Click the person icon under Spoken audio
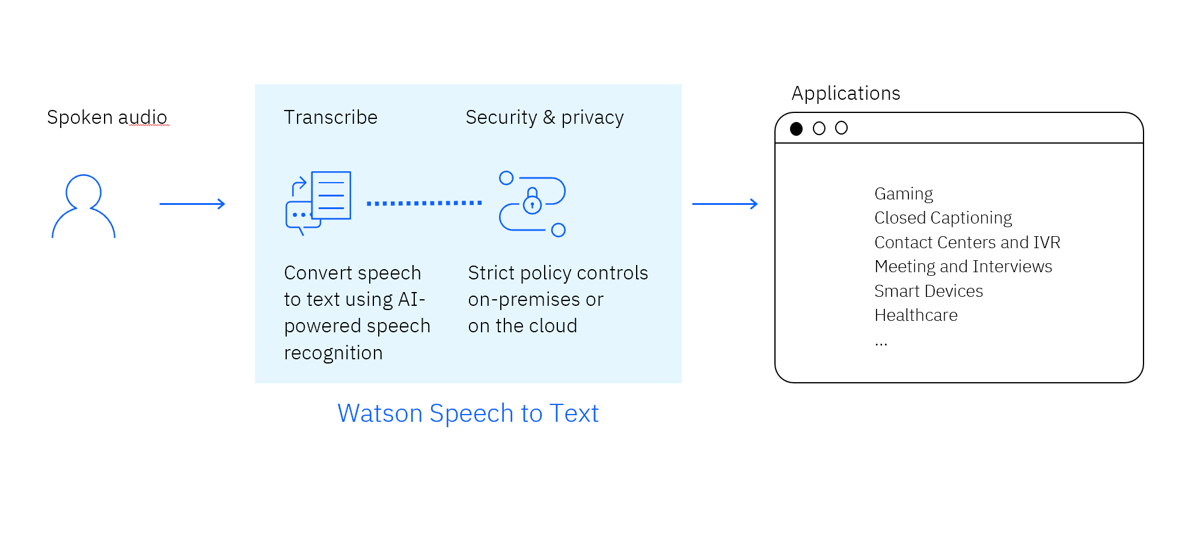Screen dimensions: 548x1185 (x=83, y=206)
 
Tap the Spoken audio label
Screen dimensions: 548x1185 (x=107, y=117)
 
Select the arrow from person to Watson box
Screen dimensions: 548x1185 (x=192, y=204)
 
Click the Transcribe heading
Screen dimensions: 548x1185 (x=330, y=117)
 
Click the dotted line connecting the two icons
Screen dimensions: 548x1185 (x=424, y=203)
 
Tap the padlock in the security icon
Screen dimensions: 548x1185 (x=532, y=202)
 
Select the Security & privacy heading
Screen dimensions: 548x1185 (x=544, y=117)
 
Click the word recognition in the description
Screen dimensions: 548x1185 (x=333, y=353)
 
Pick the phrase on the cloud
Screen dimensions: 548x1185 (x=522, y=326)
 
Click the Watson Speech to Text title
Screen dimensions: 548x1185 (x=468, y=413)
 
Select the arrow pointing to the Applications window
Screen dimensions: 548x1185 (x=724, y=204)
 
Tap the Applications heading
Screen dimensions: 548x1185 (x=845, y=93)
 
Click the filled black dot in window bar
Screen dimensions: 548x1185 (x=796, y=129)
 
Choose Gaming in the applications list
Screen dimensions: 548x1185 (x=903, y=193)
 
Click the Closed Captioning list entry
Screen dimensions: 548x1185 (x=943, y=218)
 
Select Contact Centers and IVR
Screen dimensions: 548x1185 (x=967, y=242)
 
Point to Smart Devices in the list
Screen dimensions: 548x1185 (x=928, y=291)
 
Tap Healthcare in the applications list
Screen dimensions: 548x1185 (x=916, y=315)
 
